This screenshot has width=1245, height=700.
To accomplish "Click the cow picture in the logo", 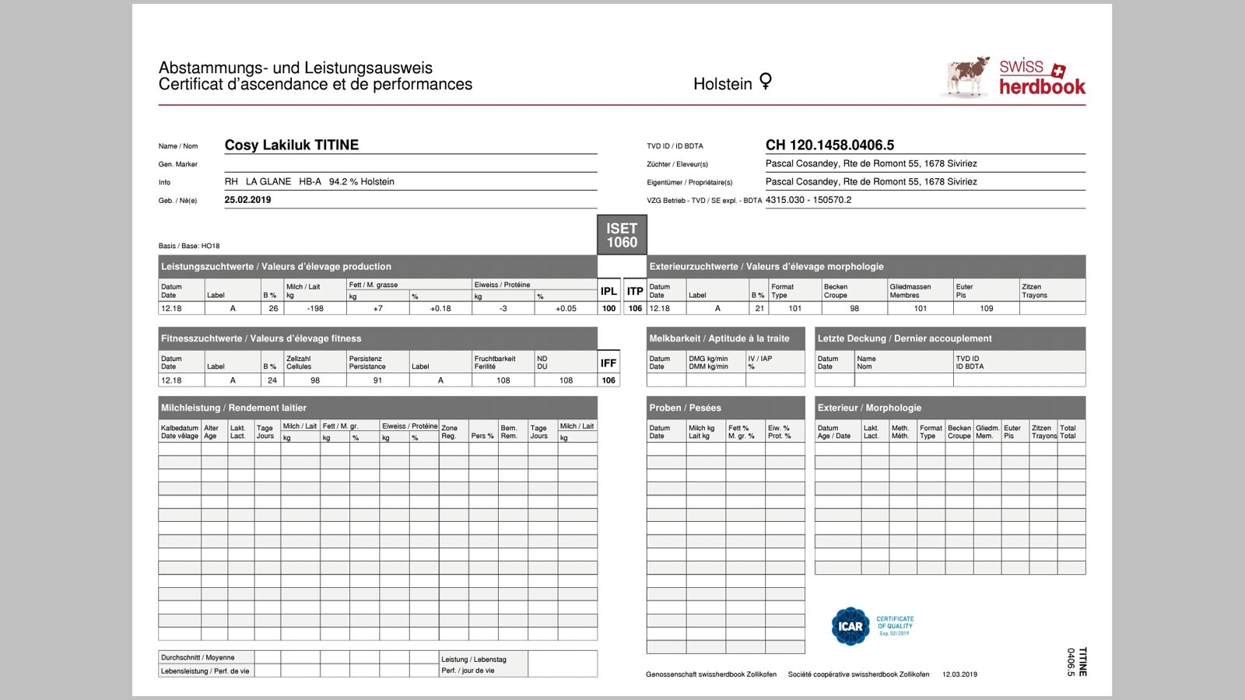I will click(x=967, y=77).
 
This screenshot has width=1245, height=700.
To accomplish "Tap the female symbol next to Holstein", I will click(x=766, y=82).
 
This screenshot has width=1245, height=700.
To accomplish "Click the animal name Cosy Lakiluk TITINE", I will click(x=292, y=145).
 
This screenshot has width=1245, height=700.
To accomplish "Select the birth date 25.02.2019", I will click(x=247, y=200).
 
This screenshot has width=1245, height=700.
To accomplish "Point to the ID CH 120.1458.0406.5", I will click(x=829, y=145).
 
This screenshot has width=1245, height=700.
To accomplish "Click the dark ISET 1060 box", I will click(x=622, y=235).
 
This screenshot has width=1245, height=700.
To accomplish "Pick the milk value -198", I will click(x=315, y=309).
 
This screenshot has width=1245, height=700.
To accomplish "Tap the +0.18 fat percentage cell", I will click(x=440, y=309).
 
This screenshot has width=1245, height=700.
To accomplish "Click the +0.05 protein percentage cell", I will click(x=566, y=309).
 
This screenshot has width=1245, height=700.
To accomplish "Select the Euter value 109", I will click(x=986, y=309).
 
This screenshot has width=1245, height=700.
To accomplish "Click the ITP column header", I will click(x=635, y=291).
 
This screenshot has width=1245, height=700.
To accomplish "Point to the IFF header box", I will click(x=608, y=363).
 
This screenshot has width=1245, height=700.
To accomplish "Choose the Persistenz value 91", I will click(x=377, y=380).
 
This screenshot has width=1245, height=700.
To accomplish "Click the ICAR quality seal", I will click(x=850, y=626).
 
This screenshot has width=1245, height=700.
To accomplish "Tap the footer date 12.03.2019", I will click(x=959, y=674).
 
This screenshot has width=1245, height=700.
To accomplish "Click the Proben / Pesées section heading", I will click(x=686, y=408).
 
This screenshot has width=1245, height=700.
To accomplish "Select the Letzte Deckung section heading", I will click(x=904, y=338).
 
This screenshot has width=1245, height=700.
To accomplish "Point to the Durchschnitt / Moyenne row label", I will click(x=198, y=657).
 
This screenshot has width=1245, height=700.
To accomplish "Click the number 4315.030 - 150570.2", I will click(x=808, y=200).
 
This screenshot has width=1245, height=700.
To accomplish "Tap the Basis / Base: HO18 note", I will click(x=189, y=246).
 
